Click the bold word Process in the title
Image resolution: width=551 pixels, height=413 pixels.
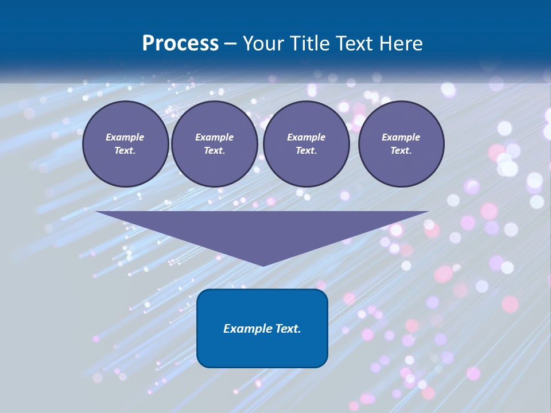pos(180,44)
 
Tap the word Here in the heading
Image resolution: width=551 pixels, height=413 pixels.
pos(401,44)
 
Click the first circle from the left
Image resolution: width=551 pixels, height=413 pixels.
pos(125,143)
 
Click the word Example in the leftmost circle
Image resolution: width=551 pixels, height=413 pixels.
pos(125,137)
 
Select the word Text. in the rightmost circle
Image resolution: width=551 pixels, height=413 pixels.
pos(401,150)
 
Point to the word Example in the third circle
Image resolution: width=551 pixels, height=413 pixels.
pos(306,137)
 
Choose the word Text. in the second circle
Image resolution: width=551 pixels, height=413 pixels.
pos(214,150)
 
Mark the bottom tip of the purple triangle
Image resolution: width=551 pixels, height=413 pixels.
pos(263,264)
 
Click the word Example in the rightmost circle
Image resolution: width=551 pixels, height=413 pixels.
pos(401,137)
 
